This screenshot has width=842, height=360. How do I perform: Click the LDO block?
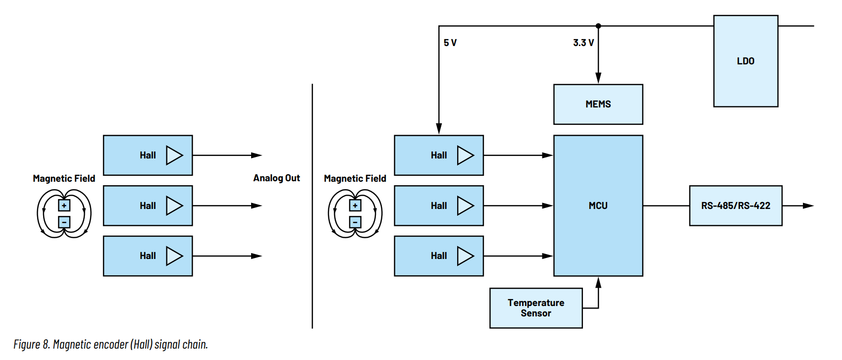click(746, 61)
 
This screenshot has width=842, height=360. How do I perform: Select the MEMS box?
click(598, 104)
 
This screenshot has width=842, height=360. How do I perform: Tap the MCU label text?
click(598, 206)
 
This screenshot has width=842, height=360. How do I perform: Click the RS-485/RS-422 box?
click(736, 206)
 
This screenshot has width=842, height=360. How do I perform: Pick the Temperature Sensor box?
click(536, 308)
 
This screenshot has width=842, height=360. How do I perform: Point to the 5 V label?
click(450, 43)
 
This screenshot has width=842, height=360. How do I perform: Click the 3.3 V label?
click(583, 43)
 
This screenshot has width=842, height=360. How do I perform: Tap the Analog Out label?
click(276, 178)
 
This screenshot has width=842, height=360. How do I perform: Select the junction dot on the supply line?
click(598, 26)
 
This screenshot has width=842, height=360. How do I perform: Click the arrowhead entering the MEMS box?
click(598, 78)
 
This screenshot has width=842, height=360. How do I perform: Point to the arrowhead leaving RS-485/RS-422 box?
click(808, 206)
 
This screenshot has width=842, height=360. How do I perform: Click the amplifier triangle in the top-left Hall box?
click(174, 155)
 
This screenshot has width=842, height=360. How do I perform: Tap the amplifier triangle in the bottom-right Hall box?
click(466, 256)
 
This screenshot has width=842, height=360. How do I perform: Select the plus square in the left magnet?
click(64, 206)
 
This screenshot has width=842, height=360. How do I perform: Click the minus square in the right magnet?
click(355, 222)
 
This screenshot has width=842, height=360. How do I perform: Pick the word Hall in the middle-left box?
click(148, 206)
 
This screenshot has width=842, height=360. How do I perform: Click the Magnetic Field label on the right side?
click(355, 178)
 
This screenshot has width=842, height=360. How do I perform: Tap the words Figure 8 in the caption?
click(32, 344)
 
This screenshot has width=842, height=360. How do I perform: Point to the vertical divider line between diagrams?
click(312, 206)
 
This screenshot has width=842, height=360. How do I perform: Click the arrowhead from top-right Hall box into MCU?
click(548, 155)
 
